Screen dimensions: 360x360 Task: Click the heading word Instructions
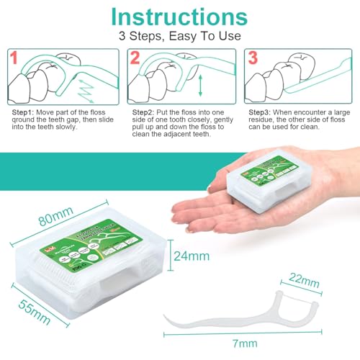pos(179,17)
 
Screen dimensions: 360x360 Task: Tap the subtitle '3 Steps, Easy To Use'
pos(179,36)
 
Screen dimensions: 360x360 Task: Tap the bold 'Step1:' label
pos(25,112)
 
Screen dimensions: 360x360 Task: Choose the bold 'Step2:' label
pos(145,112)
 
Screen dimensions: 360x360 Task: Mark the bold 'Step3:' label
pos(263,112)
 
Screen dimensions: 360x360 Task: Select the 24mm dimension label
pos(192,256)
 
